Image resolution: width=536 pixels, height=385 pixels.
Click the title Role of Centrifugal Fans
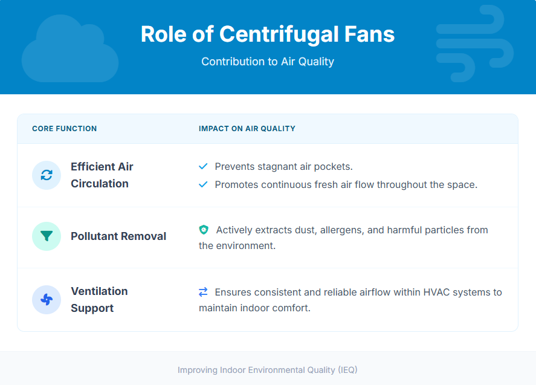[x=268, y=34]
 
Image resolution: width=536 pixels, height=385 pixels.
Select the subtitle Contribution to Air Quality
[x=268, y=62]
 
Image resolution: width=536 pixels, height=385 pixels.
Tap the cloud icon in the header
[x=69, y=50]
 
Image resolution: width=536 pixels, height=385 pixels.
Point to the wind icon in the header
[x=474, y=44]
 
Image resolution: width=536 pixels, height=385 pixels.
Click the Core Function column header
[x=64, y=129]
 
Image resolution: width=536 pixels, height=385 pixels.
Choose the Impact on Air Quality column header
[x=247, y=129]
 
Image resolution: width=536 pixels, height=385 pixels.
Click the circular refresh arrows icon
[x=47, y=175]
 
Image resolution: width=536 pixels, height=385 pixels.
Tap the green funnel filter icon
[x=47, y=236]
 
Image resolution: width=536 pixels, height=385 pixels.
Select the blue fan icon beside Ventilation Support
[x=47, y=300]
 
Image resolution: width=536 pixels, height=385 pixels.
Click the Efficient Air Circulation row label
[x=102, y=175]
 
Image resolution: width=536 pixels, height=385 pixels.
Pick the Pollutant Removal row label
[x=118, y=236]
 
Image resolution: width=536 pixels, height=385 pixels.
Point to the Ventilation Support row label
[x=99, y=300]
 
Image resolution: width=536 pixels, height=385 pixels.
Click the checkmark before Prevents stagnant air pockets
[x=203, y=166]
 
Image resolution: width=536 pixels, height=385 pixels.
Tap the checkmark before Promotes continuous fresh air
[x=203, y=184]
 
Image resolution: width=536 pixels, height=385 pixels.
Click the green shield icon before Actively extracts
[x=204, y=230]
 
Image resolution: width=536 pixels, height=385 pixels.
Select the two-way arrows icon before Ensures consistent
[x=203, y=292]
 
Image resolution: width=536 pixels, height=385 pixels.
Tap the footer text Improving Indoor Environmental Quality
[x=268, y=369]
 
